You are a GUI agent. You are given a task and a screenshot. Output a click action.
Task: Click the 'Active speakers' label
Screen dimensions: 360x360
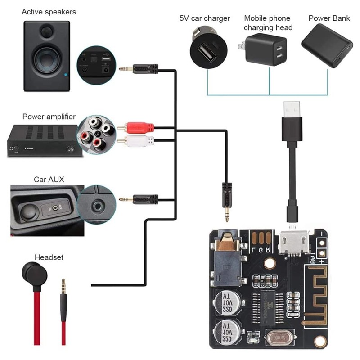click(49, 11)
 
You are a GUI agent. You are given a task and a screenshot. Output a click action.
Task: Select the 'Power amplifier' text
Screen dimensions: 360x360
click(49, 117)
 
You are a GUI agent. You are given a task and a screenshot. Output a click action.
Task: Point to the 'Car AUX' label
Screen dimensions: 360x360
click(49, 179)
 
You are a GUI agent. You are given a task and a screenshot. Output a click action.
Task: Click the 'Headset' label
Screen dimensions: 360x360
click(49, 257)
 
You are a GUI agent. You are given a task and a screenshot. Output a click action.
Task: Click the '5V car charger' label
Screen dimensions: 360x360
click(205, 18)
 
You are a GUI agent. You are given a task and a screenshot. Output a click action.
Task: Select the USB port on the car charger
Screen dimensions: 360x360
click(208, 53)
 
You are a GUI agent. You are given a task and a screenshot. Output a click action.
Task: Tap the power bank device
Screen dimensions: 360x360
click(327, 45)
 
